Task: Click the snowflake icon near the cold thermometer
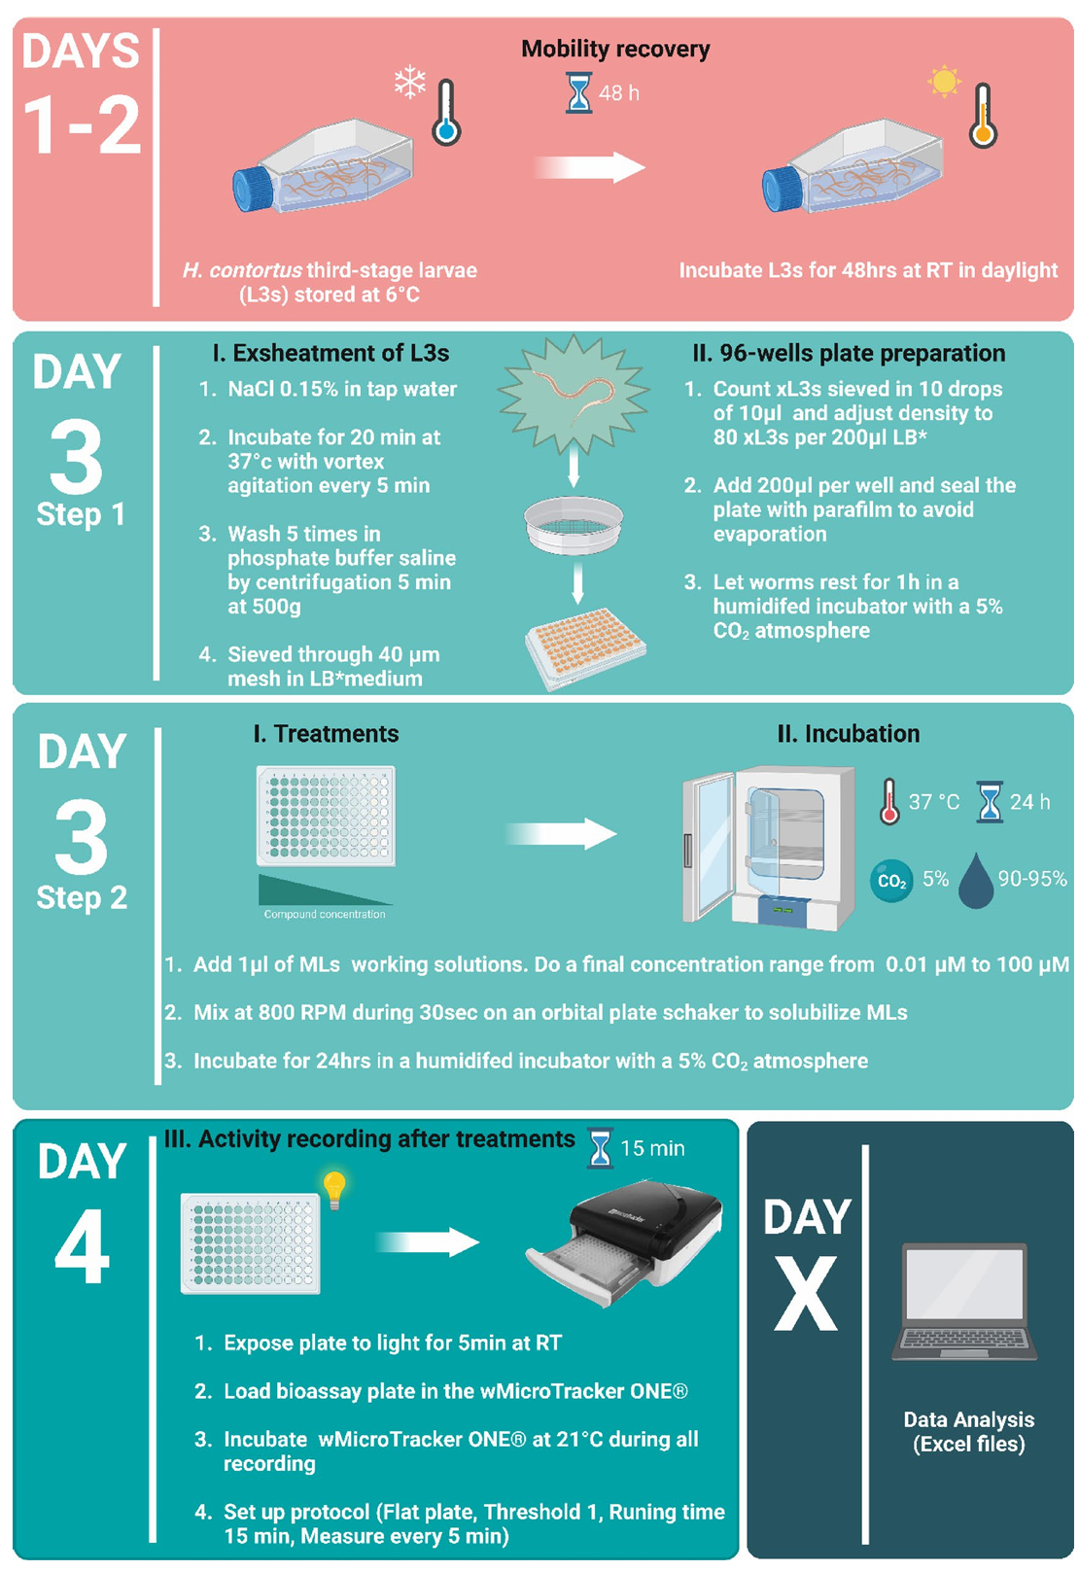409,82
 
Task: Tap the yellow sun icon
944,81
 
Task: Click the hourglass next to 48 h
578,92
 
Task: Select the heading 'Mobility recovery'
615,49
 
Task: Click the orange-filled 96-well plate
586,646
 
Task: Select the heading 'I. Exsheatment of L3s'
331,353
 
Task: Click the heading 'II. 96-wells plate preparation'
849,353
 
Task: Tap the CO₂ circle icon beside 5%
891,881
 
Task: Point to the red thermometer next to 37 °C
889,801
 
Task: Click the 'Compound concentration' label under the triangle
325,914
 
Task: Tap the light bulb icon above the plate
334,1190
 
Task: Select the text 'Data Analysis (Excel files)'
968,1432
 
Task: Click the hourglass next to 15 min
600,1148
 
